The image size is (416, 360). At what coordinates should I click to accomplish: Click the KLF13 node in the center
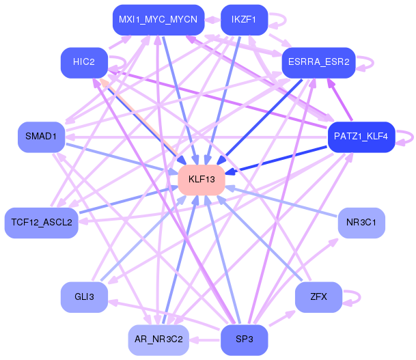click(x=202, y=180)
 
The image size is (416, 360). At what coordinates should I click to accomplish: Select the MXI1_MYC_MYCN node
click(x=158, y=20)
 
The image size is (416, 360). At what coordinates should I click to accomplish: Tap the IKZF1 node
click(x=244, y=20)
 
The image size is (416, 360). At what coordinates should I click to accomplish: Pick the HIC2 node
click(x=84, y=63)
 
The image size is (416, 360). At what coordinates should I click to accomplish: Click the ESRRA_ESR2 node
click(x=318, y=63)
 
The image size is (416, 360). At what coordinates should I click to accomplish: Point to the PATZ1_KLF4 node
click(x=361, y=137)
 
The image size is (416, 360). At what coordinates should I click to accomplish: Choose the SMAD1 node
click(x=42, y=137)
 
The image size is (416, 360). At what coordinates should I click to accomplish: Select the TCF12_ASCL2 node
click(x=42, y=223)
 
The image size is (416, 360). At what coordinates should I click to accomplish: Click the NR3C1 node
click(x=361, y=223)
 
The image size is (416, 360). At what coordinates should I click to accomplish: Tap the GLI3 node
click(x=84, y=297)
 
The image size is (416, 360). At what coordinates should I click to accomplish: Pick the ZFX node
click(x=318, y=297)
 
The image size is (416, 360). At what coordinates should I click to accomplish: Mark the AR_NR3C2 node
click(x=158, y=340)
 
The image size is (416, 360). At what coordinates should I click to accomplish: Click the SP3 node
click(x=244, y=340)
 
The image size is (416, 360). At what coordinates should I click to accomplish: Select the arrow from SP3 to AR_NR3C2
click(x=205, y=340)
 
